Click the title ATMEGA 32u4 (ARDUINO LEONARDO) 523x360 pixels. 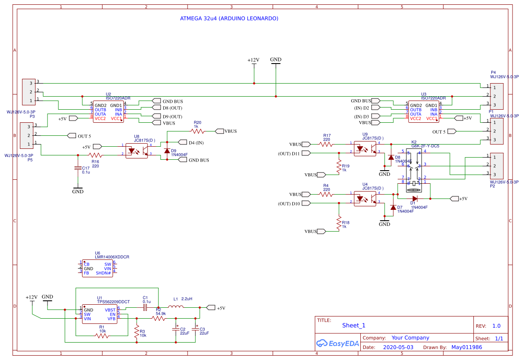pos(229,19)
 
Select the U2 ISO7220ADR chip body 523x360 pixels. pos(108,112)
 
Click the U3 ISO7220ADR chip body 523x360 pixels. pos(423,112)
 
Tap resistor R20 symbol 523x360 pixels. pos(198,131)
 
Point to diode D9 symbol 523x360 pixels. pos(166,151)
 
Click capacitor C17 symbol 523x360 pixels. pos(78,168)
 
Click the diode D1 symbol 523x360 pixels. pos(414,199)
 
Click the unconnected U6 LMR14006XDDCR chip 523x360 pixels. pos(97,269)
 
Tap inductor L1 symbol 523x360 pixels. pos(175,308)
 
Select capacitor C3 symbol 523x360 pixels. pos(197,329)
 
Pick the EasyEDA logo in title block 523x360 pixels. pos(338,343)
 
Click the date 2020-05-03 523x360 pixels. pos(398,347)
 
